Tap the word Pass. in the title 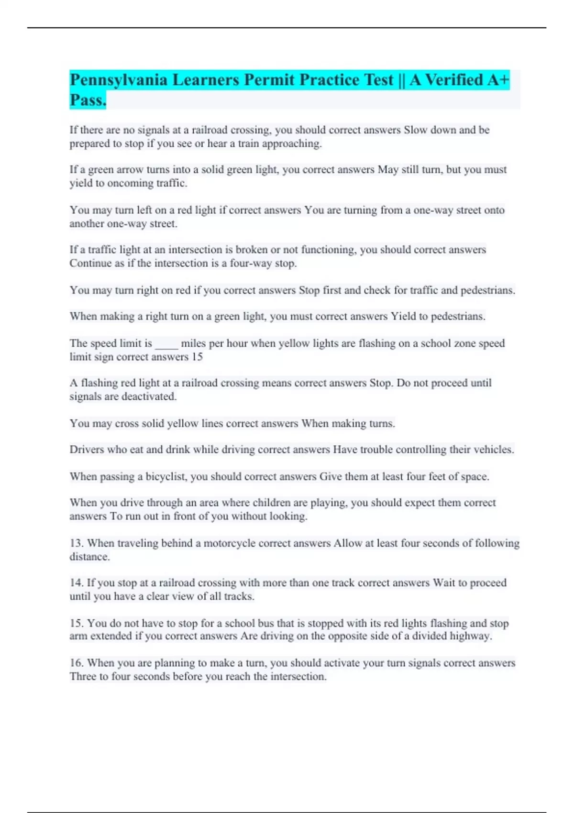[88, 100]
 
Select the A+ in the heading [498, 80]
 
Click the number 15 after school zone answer [197, 357]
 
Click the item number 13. [77, 543]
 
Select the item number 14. [77, 583]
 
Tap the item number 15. [77, 623]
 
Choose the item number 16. [77, 663]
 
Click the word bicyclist [166, 477]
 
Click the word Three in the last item [83, 677]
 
